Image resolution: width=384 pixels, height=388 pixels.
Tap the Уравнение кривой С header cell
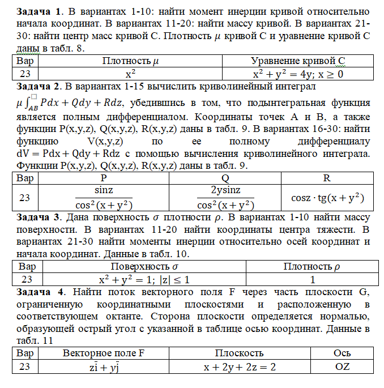coord(298,61)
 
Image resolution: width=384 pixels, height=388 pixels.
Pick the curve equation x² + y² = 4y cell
coord(298,74)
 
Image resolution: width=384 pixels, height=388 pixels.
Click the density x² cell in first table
coord(130,74)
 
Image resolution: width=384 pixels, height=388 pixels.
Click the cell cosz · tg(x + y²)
coord(327,199)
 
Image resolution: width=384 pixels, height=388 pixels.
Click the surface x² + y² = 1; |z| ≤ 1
coord(144,280)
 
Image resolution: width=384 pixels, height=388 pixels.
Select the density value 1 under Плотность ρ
coord(312,280)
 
